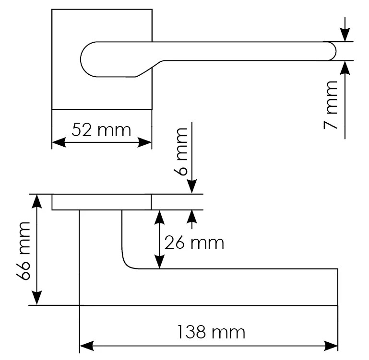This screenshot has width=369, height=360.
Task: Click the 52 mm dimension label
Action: click(x=101, y=130)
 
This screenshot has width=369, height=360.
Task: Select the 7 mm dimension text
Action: click(x=331, y=105)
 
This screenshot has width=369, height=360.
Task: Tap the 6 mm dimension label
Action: click(x=181, y=151)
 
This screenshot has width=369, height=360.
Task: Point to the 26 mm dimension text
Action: click(x=194, y=243)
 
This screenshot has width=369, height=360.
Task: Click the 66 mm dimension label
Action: click(x=24, y=251)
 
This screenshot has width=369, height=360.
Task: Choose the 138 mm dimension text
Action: click(x=211, y=332)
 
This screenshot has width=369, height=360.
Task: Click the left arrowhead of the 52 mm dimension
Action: click(x=59, y=142)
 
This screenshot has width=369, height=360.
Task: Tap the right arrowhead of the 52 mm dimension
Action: click(x=144, y=142)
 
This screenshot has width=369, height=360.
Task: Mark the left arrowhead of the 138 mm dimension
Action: click(x=87, y=346)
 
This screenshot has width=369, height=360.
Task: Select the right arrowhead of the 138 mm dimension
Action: click(x=331, y=346)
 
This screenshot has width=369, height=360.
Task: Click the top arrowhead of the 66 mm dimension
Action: click(x=37, y=201)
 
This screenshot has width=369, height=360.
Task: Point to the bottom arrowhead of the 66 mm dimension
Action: click(x=37, y=298)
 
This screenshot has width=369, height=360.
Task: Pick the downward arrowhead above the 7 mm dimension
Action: click(x=345, y=35)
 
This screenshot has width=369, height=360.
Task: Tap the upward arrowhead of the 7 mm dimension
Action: click(x=345, y=68)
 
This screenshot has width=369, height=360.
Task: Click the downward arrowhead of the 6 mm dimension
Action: click(x=192, y=187)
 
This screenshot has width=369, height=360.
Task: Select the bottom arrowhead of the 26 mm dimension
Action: click(x=160, y=261)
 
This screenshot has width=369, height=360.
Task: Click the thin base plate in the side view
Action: click(x=101, y=202)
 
